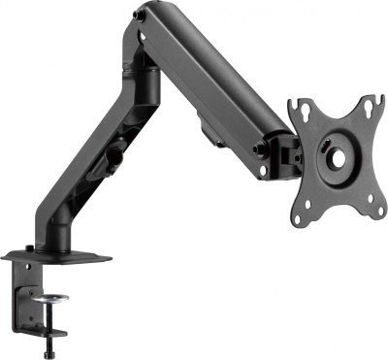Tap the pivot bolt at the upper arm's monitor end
(261, 148)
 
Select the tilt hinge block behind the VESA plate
(284, 150)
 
